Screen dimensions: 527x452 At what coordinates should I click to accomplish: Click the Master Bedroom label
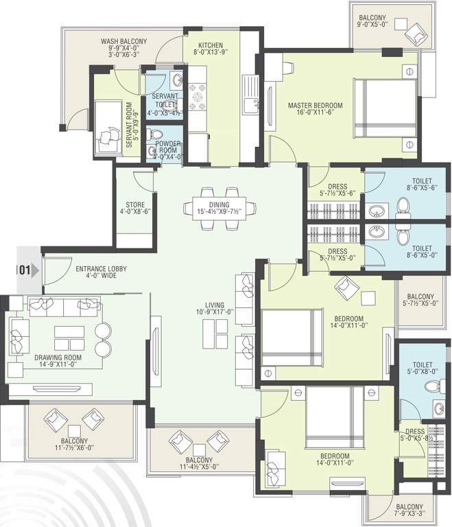click(x=315, y=105)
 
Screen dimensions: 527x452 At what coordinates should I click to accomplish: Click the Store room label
click(x=134, y=204)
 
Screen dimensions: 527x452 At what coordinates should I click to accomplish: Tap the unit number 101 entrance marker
click(x=23, y=270)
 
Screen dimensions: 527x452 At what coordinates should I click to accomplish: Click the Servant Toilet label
click(x=165, y=100)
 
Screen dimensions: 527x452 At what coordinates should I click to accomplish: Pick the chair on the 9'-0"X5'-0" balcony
click(x=416, y=33)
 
